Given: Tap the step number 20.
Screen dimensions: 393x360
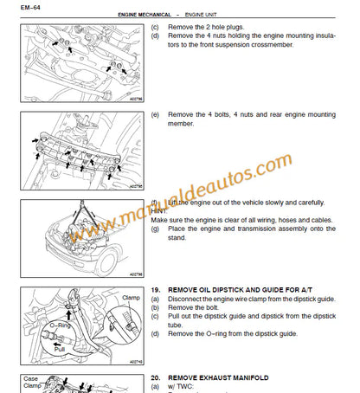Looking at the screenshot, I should [156, 378].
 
